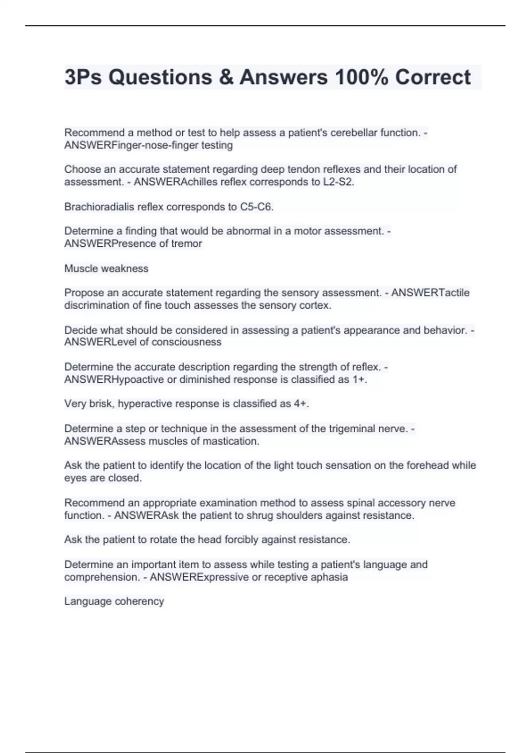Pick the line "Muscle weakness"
(x=106, y=268)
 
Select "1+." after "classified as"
(x=360, y=380)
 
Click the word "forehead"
(x=428, y=466)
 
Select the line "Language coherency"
(x=114, y=602)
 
